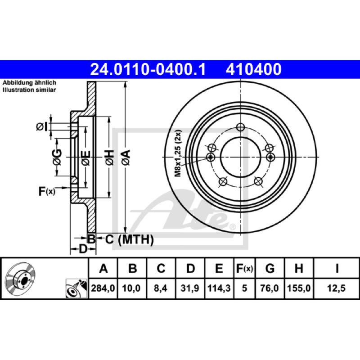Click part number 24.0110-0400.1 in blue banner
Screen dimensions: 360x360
tap(148, 69)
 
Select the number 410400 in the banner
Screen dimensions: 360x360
tap(254, 69)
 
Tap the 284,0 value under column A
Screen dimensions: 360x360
tap(103, 288)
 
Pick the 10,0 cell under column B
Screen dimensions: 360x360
tap(131, 288)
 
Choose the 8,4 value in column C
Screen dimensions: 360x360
tap(161, 288)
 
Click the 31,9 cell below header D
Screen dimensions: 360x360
tap(190, 288)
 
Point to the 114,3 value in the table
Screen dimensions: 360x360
tap(219, 288)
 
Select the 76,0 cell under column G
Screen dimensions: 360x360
tap(270, 288)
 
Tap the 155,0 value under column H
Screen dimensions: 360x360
tap(299, 288)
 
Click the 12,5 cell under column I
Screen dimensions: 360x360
tap(336, 288)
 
